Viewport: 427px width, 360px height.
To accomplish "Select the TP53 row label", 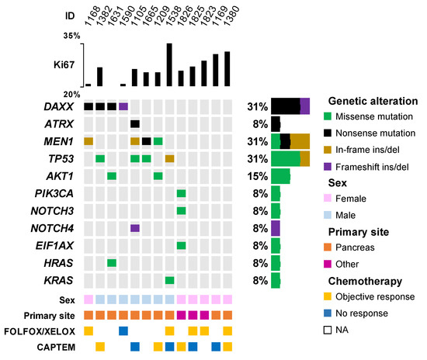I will pyautogui.click(x=61, y=158).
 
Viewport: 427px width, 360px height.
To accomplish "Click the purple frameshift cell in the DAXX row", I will pyautogui.click(x=123, y=106).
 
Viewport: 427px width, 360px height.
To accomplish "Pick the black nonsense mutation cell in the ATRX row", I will pyautogui.click(x=135, y=123).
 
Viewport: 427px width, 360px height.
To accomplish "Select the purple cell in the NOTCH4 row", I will pyautogui.click(x=135, y=227).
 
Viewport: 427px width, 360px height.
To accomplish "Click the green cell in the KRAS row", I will pyautogui.click(x=170, y=279).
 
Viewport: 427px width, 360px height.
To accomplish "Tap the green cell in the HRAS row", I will pyautogui.click(x=112, y=262).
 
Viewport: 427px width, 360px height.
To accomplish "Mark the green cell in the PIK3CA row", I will pyautogui.click(x=181, y=193).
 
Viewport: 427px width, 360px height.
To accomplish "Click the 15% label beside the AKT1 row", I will pyautogui.click(x=257, y=176).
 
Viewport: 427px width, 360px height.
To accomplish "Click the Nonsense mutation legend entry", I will pyautogui.click(x=375, y=133).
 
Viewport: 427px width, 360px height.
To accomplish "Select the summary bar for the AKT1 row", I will pyautogui.click(x=280, y=176).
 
